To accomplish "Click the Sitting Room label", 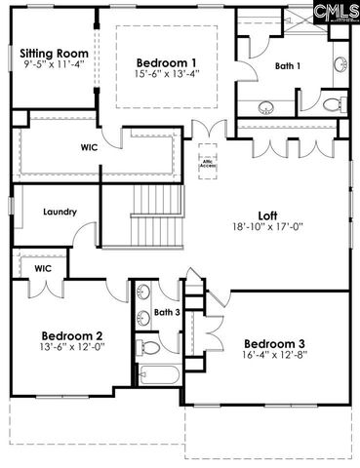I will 55,53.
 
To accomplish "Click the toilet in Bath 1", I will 332,105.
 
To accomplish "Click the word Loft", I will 267,214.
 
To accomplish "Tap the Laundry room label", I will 60,212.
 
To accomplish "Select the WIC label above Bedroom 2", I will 42,267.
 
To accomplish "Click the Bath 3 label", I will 167,313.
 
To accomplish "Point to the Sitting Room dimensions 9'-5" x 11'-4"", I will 55,65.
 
